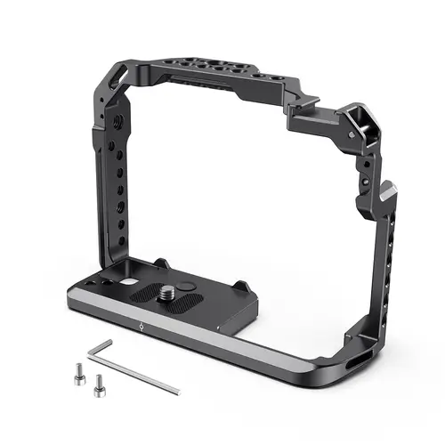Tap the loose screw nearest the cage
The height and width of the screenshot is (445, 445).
pos(98,379)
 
